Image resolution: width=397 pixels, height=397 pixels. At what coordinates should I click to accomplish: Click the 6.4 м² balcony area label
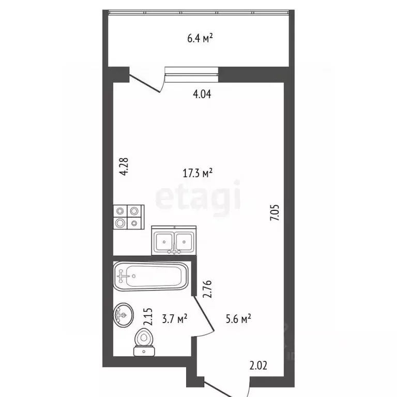[x=200, y=38]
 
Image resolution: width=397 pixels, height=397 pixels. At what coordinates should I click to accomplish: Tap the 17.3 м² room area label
[x=197, y=173]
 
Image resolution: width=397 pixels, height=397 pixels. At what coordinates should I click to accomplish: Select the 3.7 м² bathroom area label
[x=174, y=319]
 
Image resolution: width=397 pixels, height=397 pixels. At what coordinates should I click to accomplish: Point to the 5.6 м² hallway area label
[x=238, y=319]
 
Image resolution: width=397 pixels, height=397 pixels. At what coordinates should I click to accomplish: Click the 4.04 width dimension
[x=202, y=94]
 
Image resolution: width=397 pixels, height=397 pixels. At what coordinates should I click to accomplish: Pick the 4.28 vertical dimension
[x=124, y=166]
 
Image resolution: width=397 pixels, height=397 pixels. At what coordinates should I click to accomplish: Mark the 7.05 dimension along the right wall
[x=274, y=212]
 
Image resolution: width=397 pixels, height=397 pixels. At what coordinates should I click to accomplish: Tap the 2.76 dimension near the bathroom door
[x=207, y=289]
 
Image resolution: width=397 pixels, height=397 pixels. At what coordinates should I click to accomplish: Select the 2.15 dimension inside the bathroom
[x=148, y=317]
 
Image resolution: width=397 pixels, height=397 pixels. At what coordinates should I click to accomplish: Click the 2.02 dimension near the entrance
[x=258, y=365]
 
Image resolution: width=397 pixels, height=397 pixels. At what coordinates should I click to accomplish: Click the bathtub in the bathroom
[x=151, y=276]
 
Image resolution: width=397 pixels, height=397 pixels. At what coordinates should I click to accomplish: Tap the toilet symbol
[x=144, y=342]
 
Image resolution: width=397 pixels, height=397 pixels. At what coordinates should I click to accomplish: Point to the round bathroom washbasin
[x=124, y=315]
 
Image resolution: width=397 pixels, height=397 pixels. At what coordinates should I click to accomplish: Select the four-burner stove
[x=129, y=217]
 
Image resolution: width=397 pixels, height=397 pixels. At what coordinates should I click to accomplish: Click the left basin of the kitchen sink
[x=164, y=242]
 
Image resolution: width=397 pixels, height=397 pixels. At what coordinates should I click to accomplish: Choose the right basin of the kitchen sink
[x=184, y=242]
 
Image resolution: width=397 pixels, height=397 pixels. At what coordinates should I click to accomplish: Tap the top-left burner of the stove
[x=120, y=210]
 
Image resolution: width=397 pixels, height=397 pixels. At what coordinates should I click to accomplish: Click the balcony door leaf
[x=144, y=83]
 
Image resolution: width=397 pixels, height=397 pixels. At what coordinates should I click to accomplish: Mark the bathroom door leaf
[x=204, y=313]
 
